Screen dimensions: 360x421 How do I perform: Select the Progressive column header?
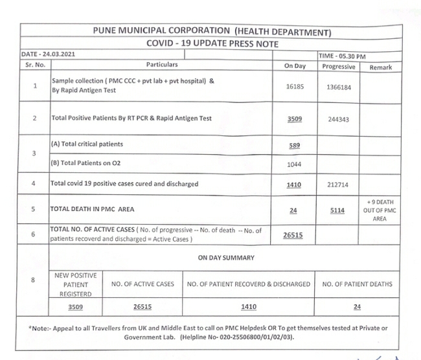click(x=338, y=66)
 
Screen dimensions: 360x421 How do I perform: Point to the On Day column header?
click(x=294, y=66)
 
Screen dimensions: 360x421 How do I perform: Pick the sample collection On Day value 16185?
click(x=294, y=86)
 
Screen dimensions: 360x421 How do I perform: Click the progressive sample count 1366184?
click(x=338, y=87)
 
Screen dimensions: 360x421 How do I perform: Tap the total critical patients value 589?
click(x=294, y=145)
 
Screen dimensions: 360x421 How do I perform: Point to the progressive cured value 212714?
click(x=338, y=185)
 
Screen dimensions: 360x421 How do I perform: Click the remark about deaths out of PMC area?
click(x=381, y=210)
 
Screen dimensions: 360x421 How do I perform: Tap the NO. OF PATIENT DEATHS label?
click(x=357, y=284)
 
